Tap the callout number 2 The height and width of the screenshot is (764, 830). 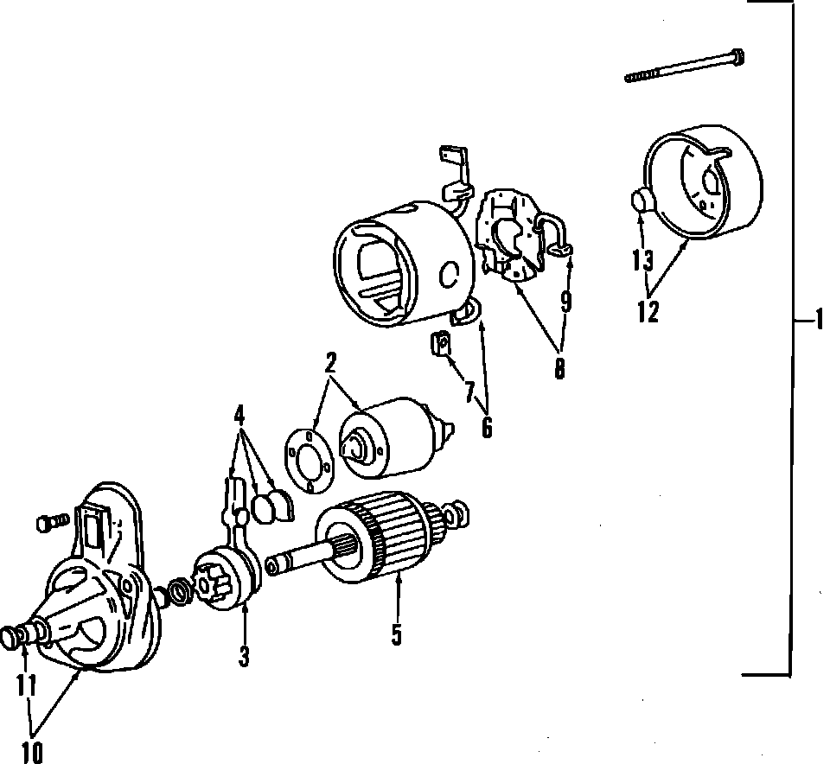(x=329, y=364)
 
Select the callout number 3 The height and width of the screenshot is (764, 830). (x=244, y=657)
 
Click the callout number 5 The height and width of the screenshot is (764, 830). (x=396, y=634)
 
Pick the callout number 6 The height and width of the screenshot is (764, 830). (x=487, y=426)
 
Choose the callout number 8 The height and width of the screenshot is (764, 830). (x=559, y=369)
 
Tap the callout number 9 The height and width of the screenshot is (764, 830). (x=565, y=301)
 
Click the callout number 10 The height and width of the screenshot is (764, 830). (x=32, y=752)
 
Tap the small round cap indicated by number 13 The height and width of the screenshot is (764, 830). (x=641, y=201)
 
